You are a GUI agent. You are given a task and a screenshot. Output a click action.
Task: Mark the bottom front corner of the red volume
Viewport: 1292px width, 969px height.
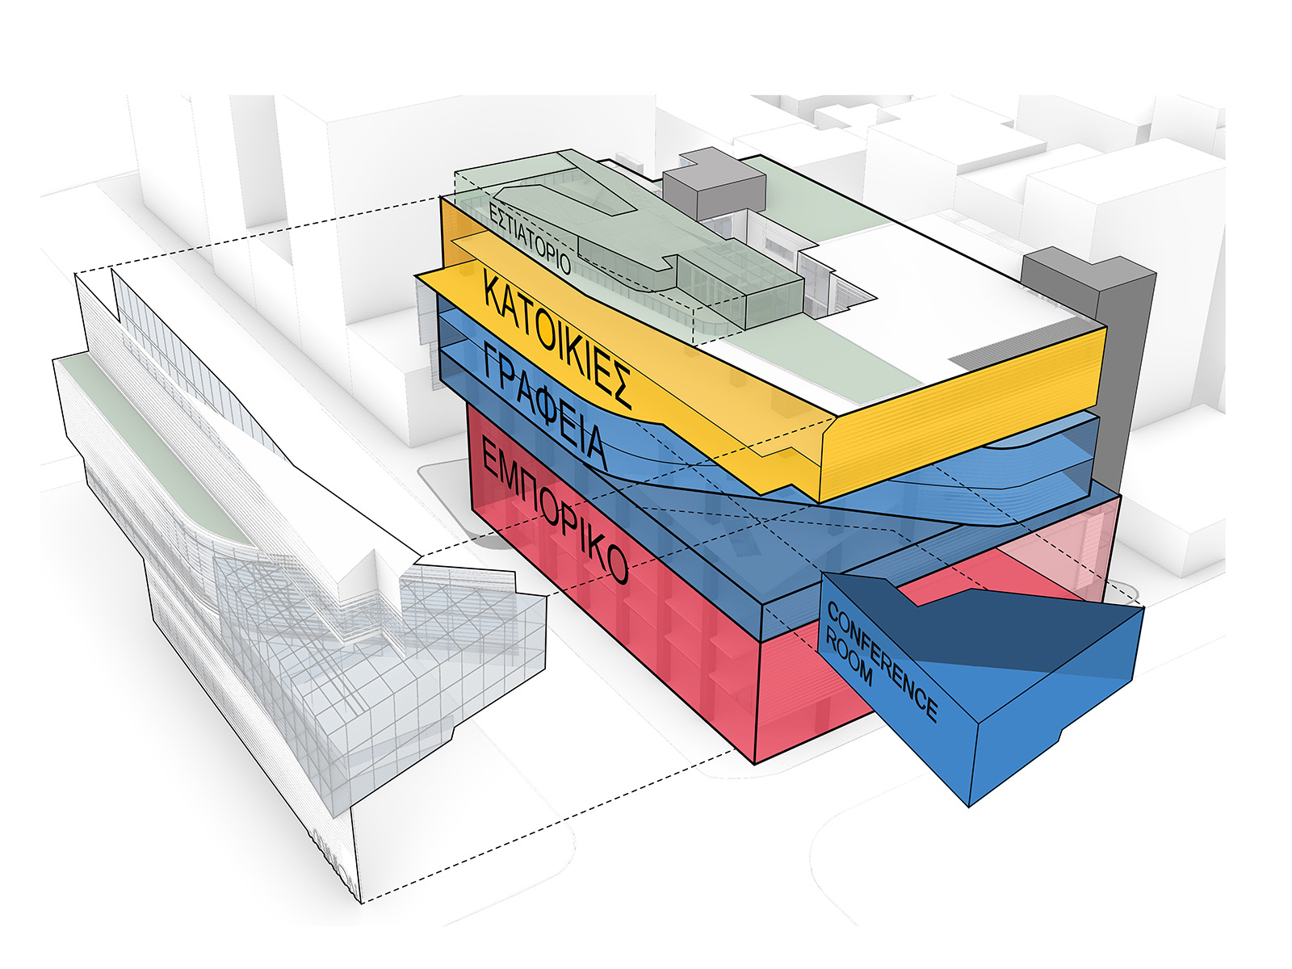point(755,764)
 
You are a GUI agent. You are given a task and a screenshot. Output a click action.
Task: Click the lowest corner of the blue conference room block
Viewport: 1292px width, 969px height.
point(969,805)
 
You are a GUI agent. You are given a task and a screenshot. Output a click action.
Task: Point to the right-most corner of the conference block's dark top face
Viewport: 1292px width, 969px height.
point(1143,608)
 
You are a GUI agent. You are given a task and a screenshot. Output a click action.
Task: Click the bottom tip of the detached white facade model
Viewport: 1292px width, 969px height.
point(360,903)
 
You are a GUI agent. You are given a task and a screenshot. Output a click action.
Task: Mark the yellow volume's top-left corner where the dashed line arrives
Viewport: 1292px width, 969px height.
point(441,198)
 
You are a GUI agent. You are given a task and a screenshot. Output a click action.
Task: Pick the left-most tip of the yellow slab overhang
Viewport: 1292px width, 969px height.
point(416,275)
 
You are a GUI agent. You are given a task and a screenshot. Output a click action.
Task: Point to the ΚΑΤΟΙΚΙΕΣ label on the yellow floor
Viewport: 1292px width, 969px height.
point(557,339)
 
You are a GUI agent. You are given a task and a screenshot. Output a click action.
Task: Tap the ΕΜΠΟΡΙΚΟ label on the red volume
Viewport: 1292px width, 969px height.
point(553,509)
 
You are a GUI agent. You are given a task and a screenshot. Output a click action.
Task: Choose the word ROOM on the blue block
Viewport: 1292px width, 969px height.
point(848,655)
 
